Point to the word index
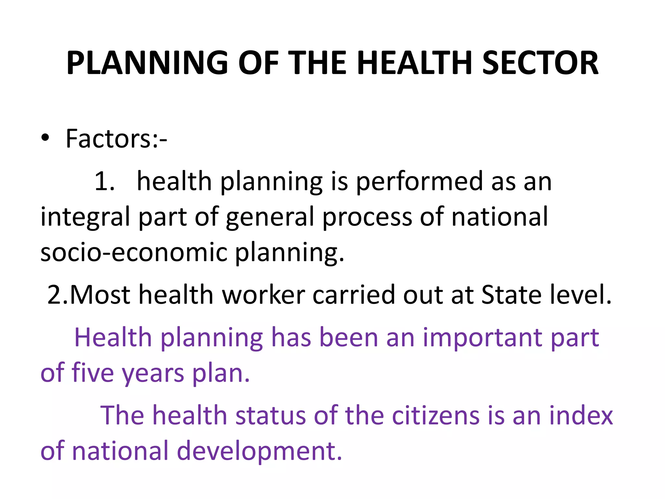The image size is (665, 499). coord(581,416)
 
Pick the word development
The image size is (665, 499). coord(260,452)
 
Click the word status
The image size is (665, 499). coord(270,416)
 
